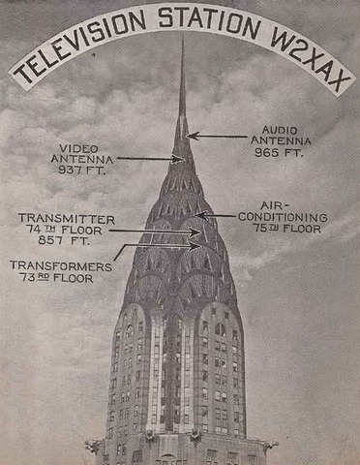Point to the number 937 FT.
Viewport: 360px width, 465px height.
[81, 170]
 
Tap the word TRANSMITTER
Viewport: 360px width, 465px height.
[66, 219]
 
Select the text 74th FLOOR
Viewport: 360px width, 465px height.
[66, 232]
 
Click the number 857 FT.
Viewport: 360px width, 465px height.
[66, 243]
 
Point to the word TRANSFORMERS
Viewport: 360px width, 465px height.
[54, 263]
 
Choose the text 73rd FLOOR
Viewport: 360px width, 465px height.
[54, 277]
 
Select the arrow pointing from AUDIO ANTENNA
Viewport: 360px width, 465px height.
[218, 136]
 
